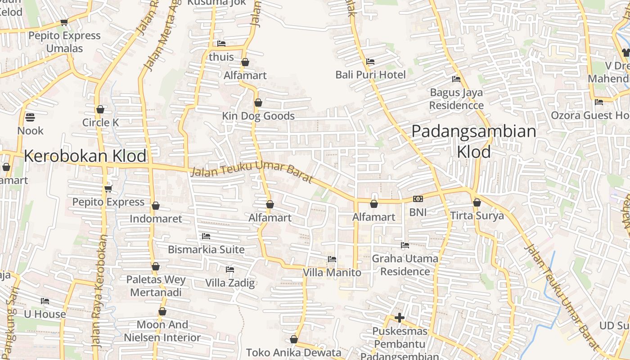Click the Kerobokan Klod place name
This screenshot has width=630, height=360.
coord(85,156)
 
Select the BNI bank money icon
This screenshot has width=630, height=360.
coord(418,199)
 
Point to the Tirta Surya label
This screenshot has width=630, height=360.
coord(477,216)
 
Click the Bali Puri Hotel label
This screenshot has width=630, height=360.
coord(370,75)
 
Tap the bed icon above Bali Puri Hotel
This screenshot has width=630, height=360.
coord(370,61)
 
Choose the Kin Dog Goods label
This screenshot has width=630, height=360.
coord(258,116)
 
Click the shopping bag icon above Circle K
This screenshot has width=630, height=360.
coord(100,109)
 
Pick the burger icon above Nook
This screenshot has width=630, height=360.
coord(30,117)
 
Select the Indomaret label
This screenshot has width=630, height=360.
coord(156,219)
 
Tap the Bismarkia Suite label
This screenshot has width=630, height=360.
coord(206,250)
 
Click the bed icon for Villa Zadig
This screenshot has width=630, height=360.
coord(230,270)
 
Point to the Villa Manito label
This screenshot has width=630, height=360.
coord(332,273)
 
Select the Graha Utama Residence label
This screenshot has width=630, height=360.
coord(405,265)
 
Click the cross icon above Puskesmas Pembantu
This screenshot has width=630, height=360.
coord(399,318)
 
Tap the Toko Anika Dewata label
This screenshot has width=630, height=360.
coord(294,353)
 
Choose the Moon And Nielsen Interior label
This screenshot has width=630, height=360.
coord(162,331)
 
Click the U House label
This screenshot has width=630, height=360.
coord(45,314)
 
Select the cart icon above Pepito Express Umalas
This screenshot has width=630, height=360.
coord(64,22)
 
